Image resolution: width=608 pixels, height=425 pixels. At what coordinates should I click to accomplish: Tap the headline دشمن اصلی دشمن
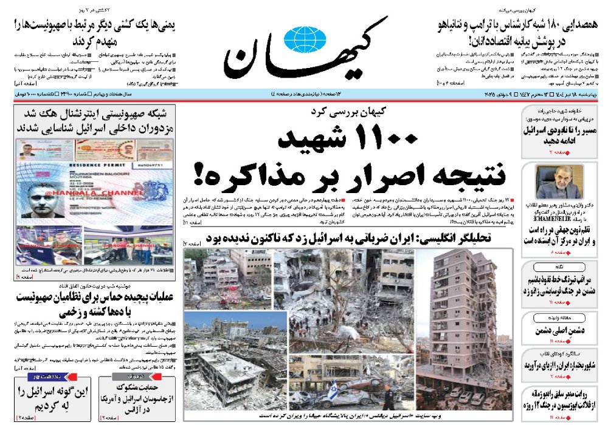pos(559,332)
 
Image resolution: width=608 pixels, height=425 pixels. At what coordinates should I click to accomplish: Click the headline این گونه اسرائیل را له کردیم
pos(54,398)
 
